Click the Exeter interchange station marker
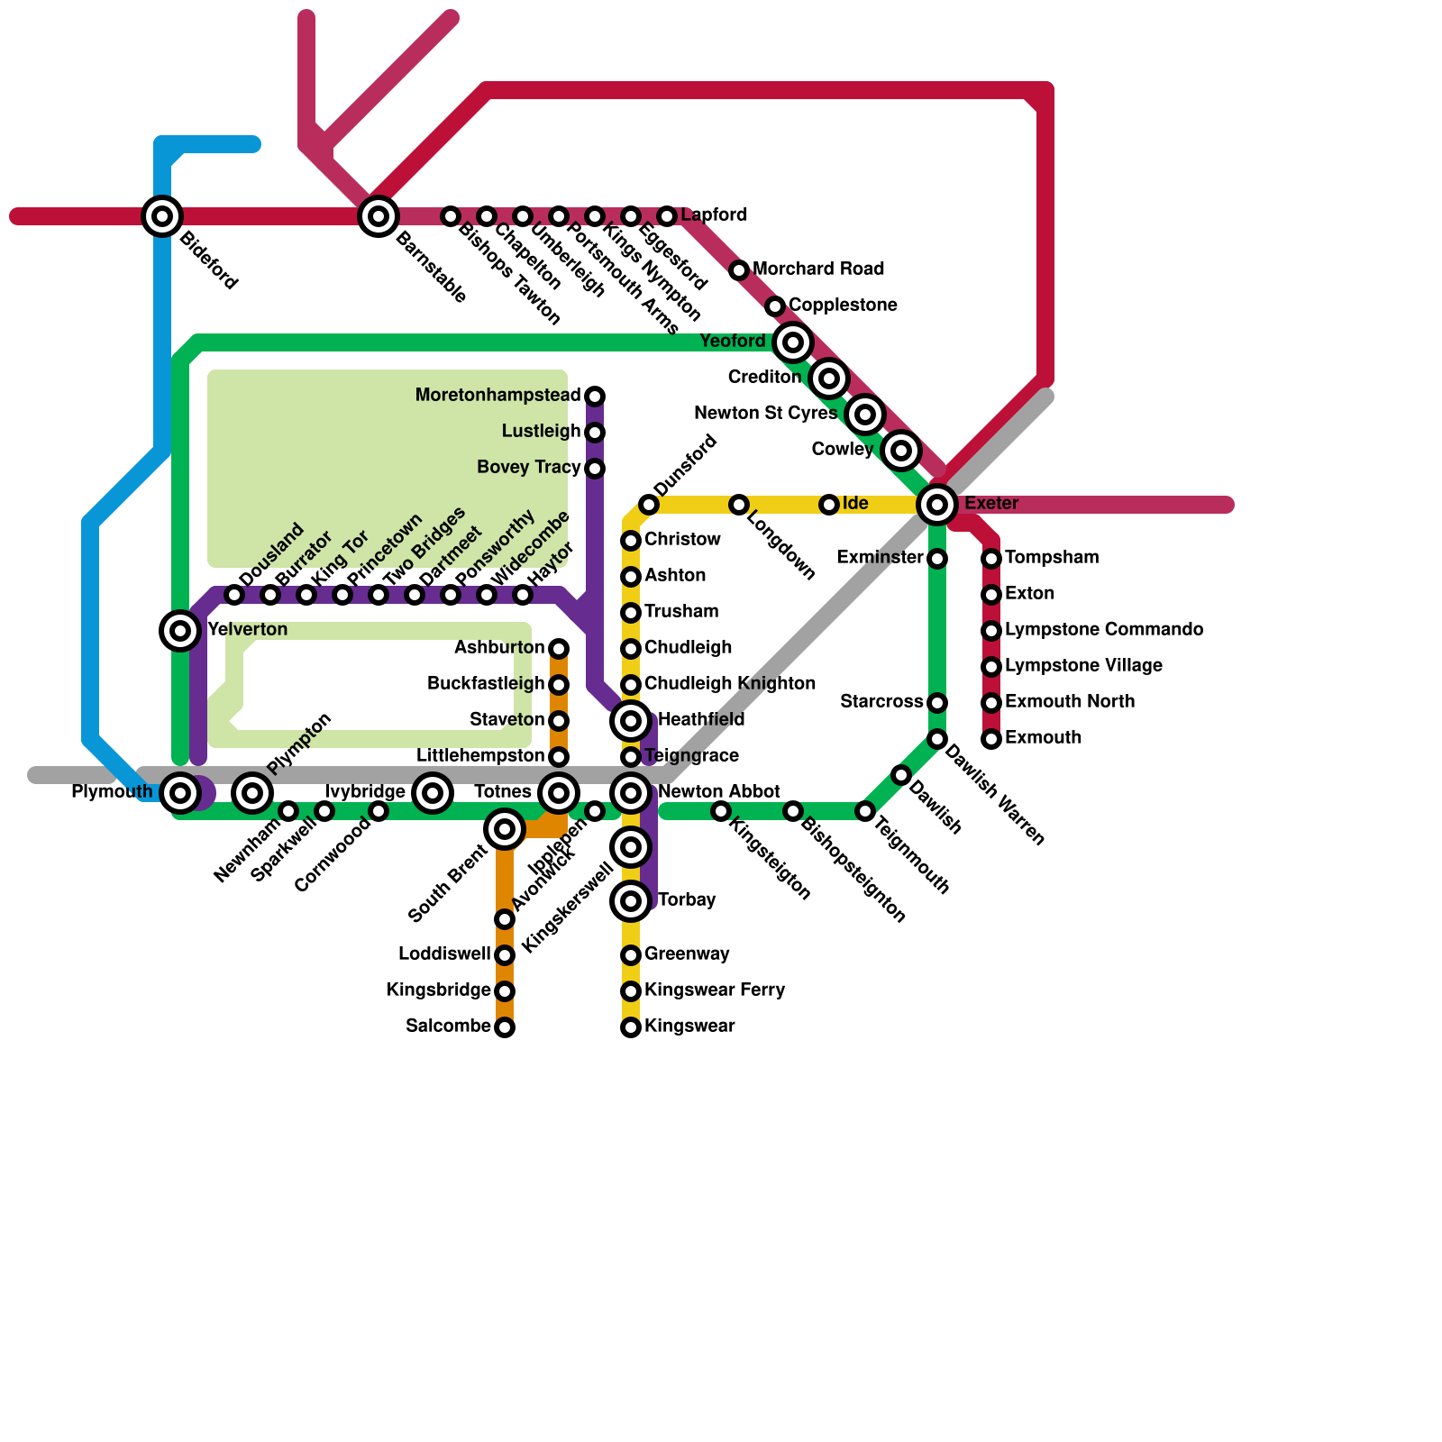pos(937,505)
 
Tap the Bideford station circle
pos(162,216)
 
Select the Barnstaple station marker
pos(379,216)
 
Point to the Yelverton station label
pos(247,630)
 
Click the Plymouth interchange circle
pos(180,793)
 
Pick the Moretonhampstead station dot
pos(595,397)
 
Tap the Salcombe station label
pos(448,1027)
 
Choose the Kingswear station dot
pos(631,1027)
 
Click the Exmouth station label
pos(1043,738)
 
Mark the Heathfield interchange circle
pos(631,721)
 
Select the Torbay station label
pos(687,900)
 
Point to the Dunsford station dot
pos(649,505)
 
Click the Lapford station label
pos(714,215)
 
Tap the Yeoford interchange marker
pos(793,342)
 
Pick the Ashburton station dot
pos(559,649)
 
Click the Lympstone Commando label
pos(1104,630)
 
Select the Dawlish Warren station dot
pos(937,739)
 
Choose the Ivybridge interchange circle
pos(433,793)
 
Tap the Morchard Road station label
pos(818,269)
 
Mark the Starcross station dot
pos(937,703)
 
